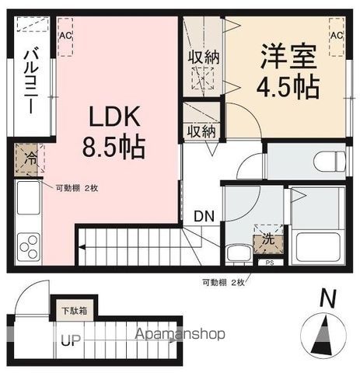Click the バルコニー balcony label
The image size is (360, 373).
click(30, 81)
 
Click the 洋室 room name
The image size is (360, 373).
click(288, 58)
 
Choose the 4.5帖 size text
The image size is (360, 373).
click(288, 86)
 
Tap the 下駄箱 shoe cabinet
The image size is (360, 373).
click(75, 310)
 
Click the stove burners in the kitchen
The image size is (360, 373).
click(29, 248)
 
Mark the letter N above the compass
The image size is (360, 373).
click(330, 298)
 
